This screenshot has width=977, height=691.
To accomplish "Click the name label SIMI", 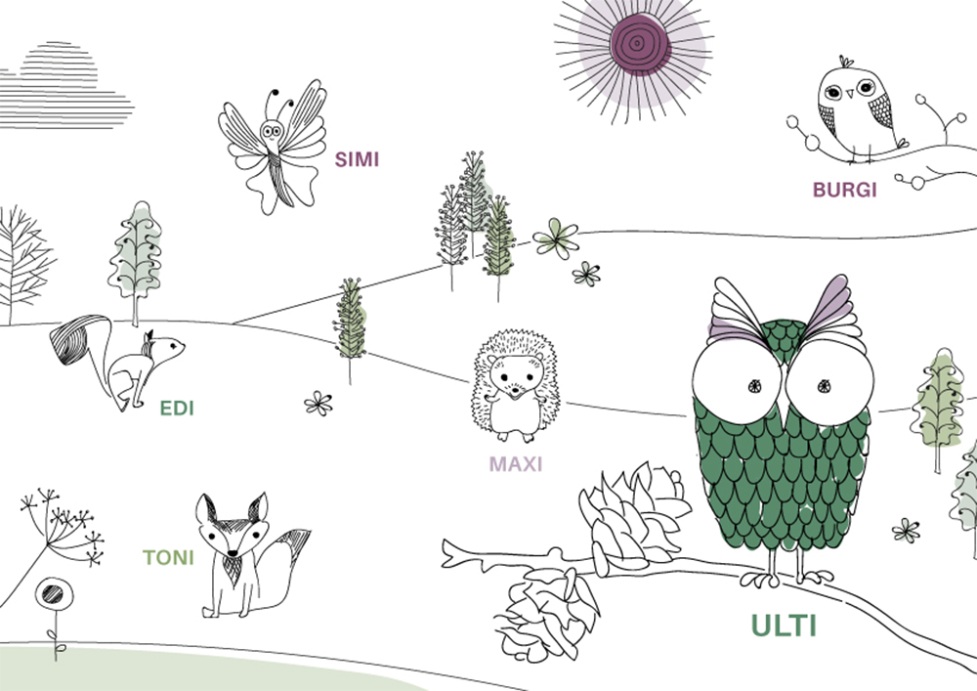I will click(x=357, y=159).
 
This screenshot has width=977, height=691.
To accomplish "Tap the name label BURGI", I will click(x=844, y=190).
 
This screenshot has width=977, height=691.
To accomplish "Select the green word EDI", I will click(x=177, y=409).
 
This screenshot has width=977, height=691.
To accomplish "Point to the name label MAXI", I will click(x=515, y=463).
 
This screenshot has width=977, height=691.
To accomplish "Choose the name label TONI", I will click(x=168, y=558).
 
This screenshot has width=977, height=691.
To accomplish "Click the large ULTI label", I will click(x=783, y=625).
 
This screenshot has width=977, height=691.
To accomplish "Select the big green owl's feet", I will click(x=786, y=578).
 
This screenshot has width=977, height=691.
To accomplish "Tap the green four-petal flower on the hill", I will click(x=556, y=238).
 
